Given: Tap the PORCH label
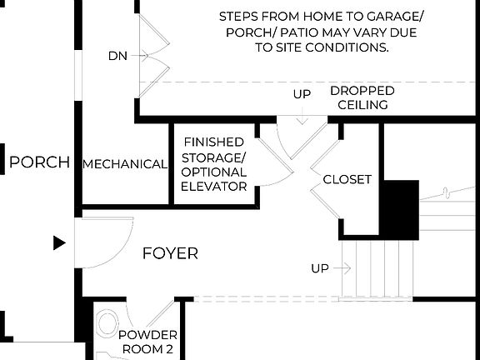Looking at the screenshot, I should click(x=39, y=162).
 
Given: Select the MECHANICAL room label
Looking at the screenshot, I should click(x=125, y=164).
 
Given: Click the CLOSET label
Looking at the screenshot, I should click(x=347, y=179).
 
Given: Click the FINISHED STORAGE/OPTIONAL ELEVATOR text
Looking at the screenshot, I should click(x=214, y=164).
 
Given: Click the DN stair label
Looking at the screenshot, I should click(x=117, y=56).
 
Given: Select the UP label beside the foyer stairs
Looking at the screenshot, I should click(x=320, y=268).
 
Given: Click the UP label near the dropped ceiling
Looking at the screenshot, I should click(x=302, y=94).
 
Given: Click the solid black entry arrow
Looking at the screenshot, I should click(x=58, y=242).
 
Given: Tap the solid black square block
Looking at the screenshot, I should click(x=399, y=209).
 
